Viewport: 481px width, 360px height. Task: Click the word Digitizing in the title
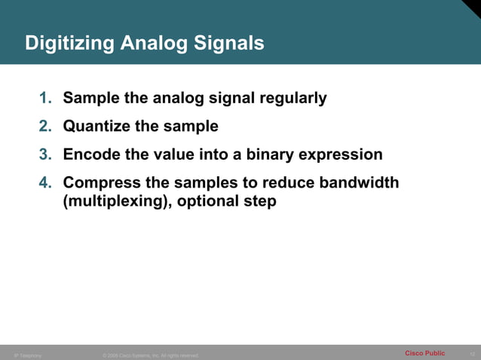click(x=69, y=44)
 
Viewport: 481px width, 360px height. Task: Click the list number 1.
click(x=45, y=98)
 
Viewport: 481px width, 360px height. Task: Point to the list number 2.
click(x=45, y=126)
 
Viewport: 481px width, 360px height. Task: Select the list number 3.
click(x=45, y=154)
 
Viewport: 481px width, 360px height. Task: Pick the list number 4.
click(x=45, y=183)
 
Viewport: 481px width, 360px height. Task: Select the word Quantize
click(x=97, y=126)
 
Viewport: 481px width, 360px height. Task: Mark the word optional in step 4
click(x=208, y=202)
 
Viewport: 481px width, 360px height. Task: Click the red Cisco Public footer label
click(x=424, y=353)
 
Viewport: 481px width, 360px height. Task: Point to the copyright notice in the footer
click(x=150, y=355)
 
